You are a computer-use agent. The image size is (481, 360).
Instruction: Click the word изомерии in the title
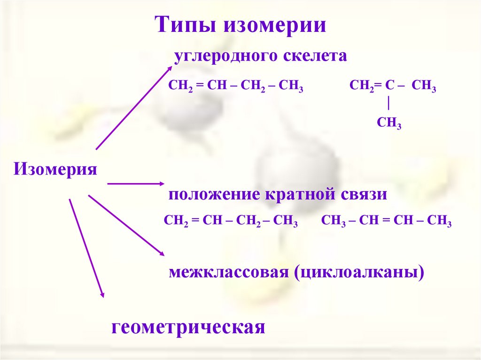click(x=276, y=24)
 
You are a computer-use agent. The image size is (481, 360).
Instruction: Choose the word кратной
click(x=299, y=194)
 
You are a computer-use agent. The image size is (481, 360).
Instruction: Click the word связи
click(x=364, y=194)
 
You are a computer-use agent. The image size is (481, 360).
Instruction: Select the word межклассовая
click(x=229, y=272)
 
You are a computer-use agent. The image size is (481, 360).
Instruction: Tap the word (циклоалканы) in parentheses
click(x=359, y=272)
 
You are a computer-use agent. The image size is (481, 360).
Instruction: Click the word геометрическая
click(x=188, y=327)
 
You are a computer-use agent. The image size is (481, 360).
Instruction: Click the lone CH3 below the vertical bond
click(x=389, y=123)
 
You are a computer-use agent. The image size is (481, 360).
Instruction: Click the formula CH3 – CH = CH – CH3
click(x=386, y=221)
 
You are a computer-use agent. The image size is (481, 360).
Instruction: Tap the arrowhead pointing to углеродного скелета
click(x=169, y=69)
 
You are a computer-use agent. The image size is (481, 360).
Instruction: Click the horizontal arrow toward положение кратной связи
click(x=136, y=184)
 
